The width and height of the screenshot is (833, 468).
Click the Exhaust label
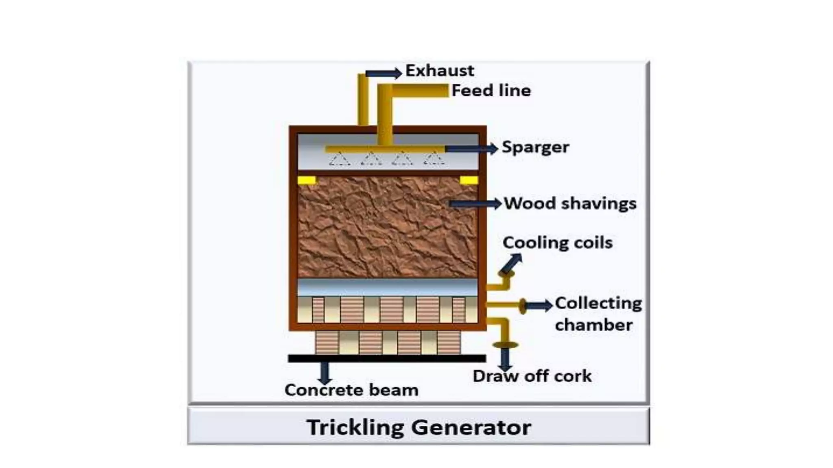pos(440,71)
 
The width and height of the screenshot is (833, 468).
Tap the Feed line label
pos(491,91)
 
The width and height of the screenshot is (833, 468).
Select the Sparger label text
pos(535,147)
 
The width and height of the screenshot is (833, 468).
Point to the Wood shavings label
pos(570,204)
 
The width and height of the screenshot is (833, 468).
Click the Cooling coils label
pos(557,243)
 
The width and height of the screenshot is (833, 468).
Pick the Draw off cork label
pos(532,376)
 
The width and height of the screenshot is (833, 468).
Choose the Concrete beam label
pos(351,390)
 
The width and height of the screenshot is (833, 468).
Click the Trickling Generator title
pos(419,427)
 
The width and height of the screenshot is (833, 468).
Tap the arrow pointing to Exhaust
pos(384,74)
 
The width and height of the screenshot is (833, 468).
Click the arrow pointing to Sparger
pos(472,149)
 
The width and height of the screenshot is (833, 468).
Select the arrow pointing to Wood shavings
pos(476,204)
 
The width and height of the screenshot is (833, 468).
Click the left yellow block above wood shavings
pos(307,180)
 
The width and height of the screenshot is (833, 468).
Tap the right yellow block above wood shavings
pos(469,180)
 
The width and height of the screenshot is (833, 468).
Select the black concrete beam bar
pos(386,358)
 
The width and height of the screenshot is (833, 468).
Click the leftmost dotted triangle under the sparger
pos(340,159)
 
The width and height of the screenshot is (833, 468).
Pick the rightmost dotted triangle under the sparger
pos(434,159)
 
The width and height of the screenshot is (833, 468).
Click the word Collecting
pos(598,303)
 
